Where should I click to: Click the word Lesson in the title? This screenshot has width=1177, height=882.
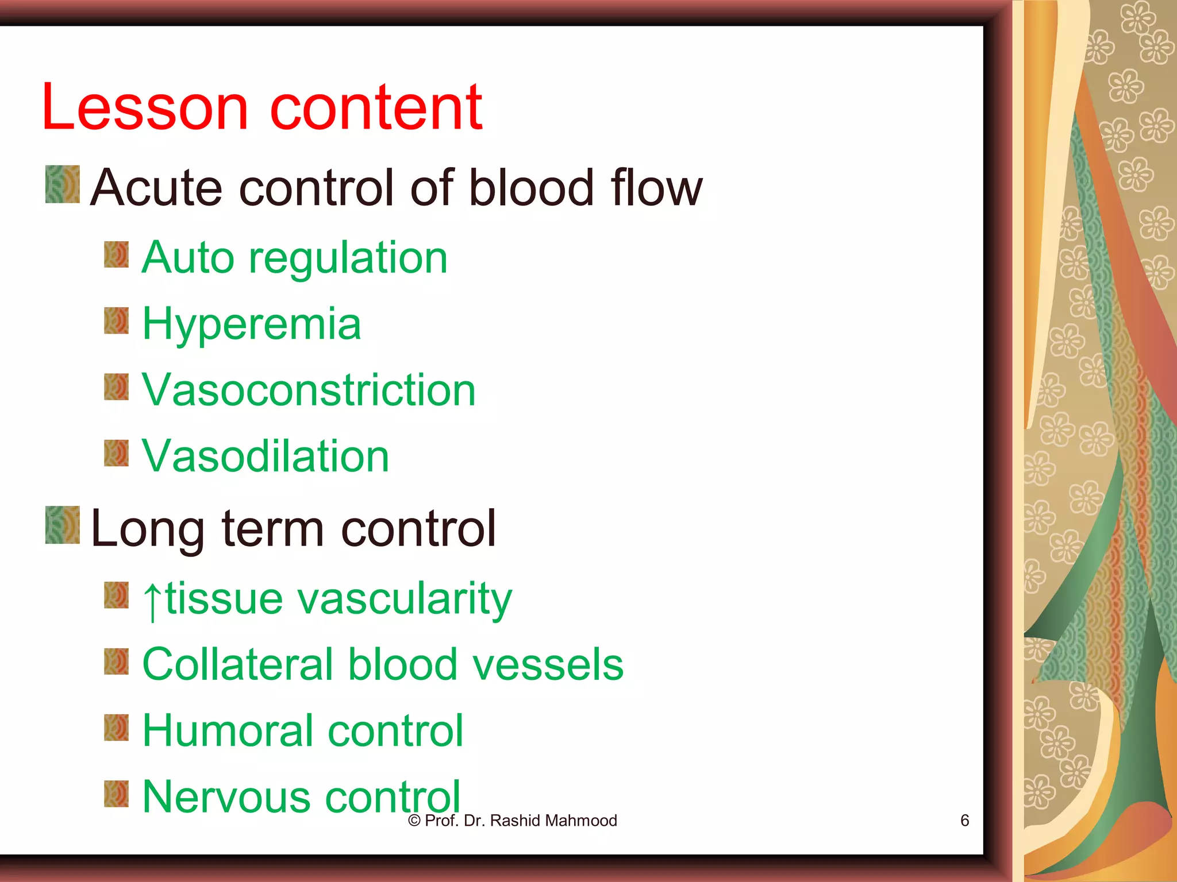pos(144,107)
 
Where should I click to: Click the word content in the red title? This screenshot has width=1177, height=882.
pos(376,107)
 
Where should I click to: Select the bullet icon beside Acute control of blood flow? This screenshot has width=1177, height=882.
pos(63,184)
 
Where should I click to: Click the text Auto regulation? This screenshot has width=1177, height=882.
pos(294,258)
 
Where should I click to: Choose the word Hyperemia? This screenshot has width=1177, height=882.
pos(252,324)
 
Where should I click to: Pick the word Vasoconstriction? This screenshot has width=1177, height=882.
pos(309,390)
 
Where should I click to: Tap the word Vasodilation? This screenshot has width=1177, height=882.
pos(266,457)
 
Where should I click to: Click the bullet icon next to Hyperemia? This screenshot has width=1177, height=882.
pos(117,320)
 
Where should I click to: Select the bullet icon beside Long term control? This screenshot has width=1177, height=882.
pos(63,524)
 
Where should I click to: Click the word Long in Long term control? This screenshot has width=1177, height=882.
pos(147,529)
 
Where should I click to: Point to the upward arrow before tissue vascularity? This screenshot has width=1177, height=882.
pos(152,601)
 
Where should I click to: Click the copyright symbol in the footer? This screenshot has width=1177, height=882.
pos(414,821)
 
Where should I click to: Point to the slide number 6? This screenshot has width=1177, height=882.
pos(965,821)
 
